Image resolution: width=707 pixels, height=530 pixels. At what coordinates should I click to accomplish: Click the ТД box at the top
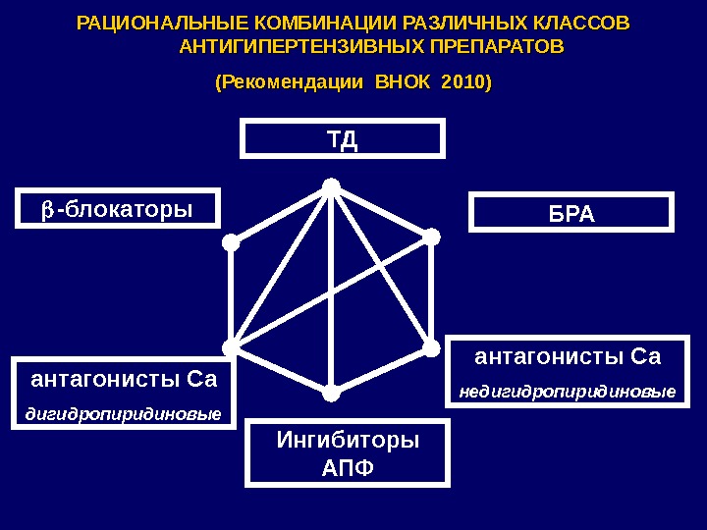[x=343, y=138]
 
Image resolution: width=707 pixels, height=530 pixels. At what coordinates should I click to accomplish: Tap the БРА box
[x=572, y=213]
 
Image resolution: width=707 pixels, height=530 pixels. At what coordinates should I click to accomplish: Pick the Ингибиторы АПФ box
[x=349, y=452]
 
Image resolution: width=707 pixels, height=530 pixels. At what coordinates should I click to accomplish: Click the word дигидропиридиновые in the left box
[x=123, y=413]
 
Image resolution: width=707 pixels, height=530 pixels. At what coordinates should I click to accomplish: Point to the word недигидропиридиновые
[x=568, y=393]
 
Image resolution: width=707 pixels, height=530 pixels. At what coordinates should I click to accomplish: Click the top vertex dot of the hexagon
[x=331, y=185]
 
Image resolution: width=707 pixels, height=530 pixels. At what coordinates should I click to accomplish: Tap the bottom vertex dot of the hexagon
[x=331, y=394]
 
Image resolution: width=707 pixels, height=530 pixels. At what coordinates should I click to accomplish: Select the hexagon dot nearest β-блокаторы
[x=229, y=241]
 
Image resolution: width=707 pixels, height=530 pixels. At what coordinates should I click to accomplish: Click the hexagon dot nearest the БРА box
[x=431, y=236]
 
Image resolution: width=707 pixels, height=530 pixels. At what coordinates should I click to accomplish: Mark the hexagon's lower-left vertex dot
[x=230, y=347]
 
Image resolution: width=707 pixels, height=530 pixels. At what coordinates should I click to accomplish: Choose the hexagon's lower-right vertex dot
[x=431, y=346]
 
